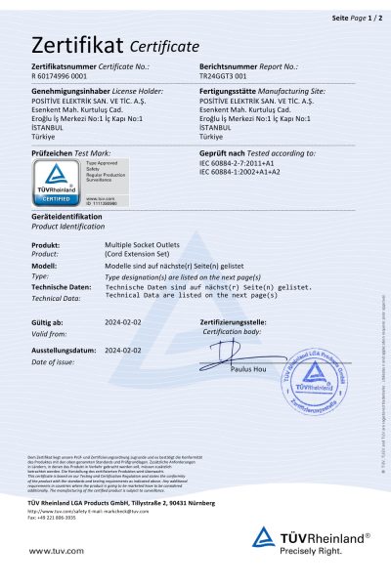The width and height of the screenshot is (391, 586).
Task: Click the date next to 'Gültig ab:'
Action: click(x=123, y=321)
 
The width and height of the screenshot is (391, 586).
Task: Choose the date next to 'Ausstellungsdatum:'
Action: click(x=123, y=348)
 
